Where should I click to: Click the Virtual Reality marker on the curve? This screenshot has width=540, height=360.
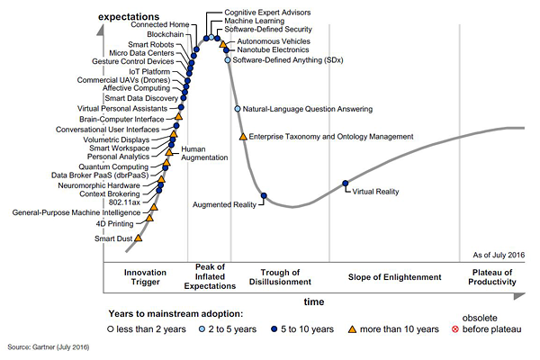(x=346, y=184)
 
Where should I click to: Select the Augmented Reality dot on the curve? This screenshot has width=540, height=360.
(x=264, y=195)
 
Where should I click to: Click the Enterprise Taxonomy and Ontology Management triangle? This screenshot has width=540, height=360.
(x=243, y=137)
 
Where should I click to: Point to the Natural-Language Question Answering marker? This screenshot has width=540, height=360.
(x=238, y=109)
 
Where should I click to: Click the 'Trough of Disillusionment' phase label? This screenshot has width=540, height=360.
(x=285, y=277)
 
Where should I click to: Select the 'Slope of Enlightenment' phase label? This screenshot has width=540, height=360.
(x=395, y=277)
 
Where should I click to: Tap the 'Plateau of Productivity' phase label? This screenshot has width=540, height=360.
(x=494, y=277)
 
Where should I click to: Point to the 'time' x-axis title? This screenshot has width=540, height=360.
(x=314, y=301)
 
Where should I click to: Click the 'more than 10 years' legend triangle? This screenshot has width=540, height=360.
(x=354, y=329)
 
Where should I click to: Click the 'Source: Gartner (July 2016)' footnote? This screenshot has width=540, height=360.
(x=49, y=346)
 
